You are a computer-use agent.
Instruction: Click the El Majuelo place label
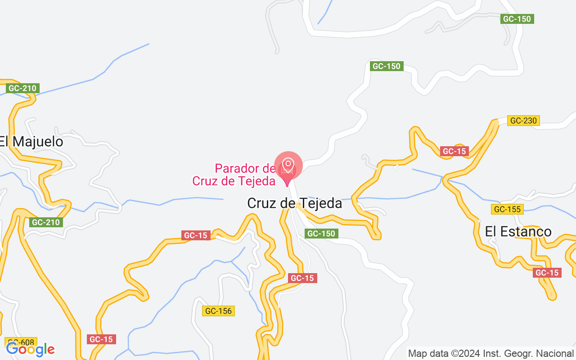click(x=31, y=142)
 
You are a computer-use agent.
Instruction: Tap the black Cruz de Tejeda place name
click(x=295, y=203)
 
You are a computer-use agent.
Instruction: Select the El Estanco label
click(x=518, y=232)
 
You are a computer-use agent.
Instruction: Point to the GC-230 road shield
click(x=523, y=121)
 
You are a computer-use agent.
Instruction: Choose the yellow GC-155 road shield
click(x=507, y=209)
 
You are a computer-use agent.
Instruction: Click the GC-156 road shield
click(x=218, y=311)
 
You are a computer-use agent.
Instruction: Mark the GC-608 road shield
click(x=21, y=342)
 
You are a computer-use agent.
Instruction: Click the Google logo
click(x=30, y=349)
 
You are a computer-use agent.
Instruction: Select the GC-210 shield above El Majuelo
click(x=23, y=88)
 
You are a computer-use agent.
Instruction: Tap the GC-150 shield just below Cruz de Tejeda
click(x=321, y=234)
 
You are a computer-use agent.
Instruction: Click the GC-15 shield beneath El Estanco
click(x=547, y=273)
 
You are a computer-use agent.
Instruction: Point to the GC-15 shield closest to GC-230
click(x=454, y=152)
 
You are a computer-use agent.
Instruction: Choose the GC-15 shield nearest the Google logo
click(x=101, y=339)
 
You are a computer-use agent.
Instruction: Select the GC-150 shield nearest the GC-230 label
click(x=517, y=19)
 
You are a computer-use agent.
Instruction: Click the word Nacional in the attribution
click(x=557, y=353)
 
